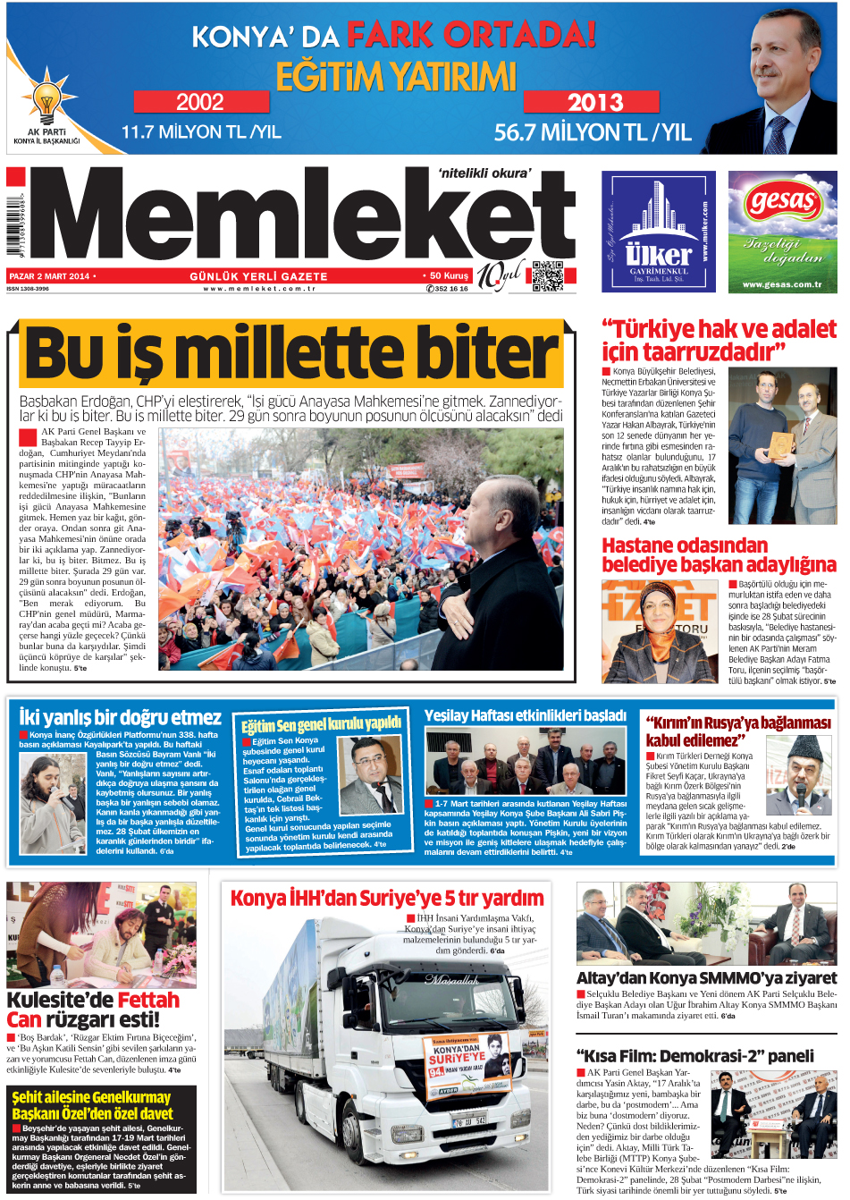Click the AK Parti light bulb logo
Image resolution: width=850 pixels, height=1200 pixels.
[x=46, y=99]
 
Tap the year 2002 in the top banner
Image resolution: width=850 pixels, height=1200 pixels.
[x=200, y=102]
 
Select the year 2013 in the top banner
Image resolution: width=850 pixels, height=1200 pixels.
[x=594, y=102]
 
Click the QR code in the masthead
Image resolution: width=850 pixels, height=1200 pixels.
[x=547, y=276]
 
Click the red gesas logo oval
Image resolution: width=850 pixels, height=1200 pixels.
[x=782, y=201]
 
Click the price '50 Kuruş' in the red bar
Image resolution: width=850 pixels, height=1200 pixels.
[x=449, y=276]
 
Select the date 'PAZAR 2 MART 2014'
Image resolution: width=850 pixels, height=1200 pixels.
[x=50, y=276]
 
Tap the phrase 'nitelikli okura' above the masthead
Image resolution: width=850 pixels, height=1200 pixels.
[x=484, y=173]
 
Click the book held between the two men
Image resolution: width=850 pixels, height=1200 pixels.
[x=781, y=444]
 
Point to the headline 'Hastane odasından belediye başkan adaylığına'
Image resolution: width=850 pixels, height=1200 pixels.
[x=719, y=555]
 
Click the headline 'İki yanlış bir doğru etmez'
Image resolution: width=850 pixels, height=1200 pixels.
[x=120, y=717]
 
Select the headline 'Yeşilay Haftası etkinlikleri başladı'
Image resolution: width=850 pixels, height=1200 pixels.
[x=525, y=715]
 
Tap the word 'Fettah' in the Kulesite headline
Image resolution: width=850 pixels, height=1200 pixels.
[x=148, y=1000]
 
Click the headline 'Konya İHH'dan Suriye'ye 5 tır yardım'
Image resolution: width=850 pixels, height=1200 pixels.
[x=386, y=898]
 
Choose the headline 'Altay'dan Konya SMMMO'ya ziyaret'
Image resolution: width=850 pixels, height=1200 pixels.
[x=706, y=978]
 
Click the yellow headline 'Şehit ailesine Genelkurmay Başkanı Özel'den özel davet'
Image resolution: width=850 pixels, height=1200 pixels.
[x=92, y=1105]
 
